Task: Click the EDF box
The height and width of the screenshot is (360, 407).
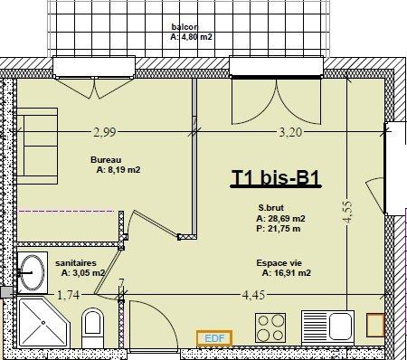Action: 214,338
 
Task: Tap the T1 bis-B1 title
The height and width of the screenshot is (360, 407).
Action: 276,177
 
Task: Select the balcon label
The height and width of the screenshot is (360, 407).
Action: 185,27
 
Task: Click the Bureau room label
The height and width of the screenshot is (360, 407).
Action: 106,160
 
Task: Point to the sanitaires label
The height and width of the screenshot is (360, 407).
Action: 76,263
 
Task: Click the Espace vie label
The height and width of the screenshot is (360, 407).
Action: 279,263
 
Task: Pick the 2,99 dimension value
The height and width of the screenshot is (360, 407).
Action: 104,132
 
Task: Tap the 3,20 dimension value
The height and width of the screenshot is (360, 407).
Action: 290,132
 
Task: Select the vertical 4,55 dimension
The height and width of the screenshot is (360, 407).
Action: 347,212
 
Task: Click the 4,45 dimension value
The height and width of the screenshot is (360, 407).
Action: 254,295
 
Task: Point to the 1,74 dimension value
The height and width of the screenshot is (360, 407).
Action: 69,295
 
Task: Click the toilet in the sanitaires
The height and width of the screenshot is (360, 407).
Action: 92,327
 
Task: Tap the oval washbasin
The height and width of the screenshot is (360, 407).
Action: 32,272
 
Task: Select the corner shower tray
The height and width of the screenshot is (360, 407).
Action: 43,322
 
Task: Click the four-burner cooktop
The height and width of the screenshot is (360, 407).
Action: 270,327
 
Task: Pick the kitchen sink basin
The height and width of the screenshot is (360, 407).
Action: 341,327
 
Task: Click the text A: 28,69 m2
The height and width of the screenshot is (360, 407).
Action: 280,218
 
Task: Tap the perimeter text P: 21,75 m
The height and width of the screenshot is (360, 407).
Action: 279,229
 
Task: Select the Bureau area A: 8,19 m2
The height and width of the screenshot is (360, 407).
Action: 118,170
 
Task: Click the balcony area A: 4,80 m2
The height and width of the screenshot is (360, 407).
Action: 191,37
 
